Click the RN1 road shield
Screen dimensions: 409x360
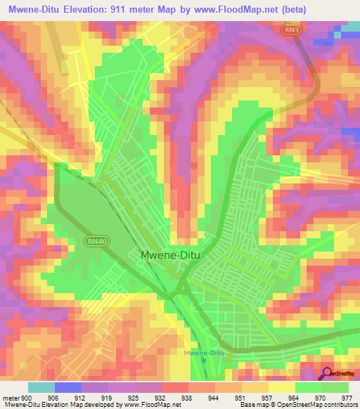tap(292, 30)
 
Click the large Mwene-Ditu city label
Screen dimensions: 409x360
tap(169, 257)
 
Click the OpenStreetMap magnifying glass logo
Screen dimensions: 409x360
tap(327, 373)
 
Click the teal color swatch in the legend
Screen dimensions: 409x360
tap(41, 387)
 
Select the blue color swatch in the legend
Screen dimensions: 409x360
tap(68, 387)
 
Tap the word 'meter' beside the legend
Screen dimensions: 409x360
tap(11, 398)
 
